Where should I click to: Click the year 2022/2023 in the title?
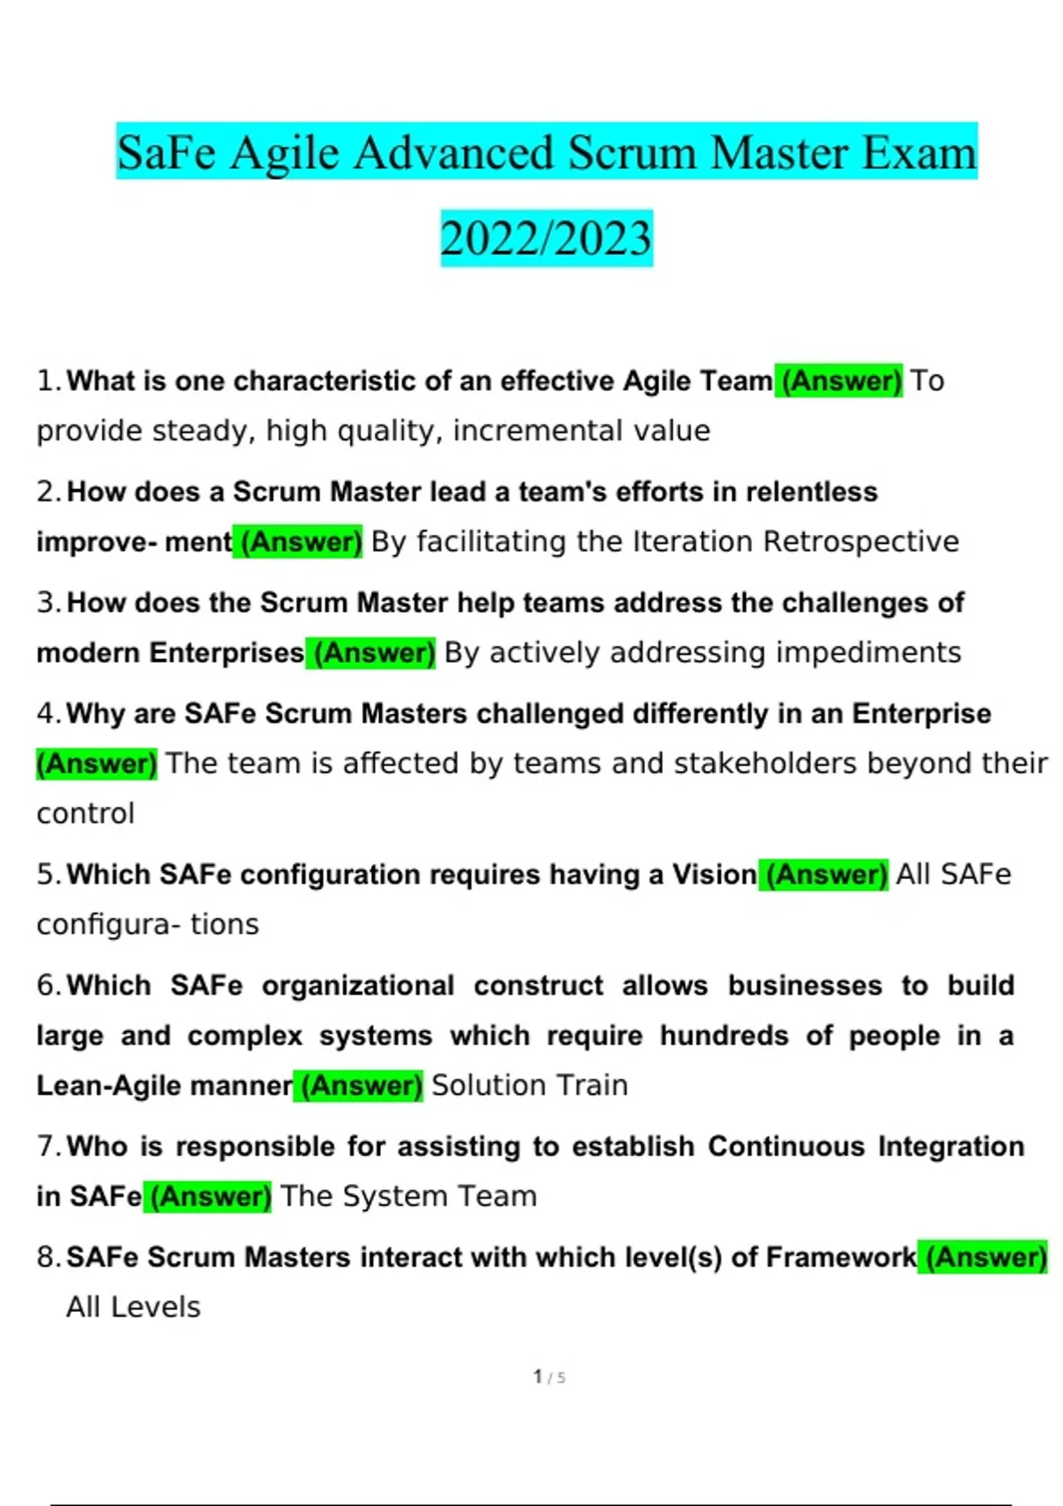pyautogui.click(x=547, y=239)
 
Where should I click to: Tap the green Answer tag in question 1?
pyautogui.click(x=839, y=381)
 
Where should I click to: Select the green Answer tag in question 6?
pyautogui.click(x=359, y=1085)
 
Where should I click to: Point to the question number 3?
pyautogui.click(x=48, y=603)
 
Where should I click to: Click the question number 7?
pyautogui.click(x=48, y=1146)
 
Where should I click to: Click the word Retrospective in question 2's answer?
pyautogui.click(x=861, y=541)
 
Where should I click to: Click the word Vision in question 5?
pyautogui.click(x=714, y=874)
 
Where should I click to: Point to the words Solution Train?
pyautogui.click(x=530, y=1085)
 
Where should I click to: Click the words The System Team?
pyautogui.click(x=408, y=1196)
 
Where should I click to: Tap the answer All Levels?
pyautogui.click(x=133, y=1308)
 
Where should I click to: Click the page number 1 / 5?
pyautogui.click(x=549, y=1377)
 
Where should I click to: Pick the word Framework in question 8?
pyautogui.click(x=841, y=1257)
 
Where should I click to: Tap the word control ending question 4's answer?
pyautogui.click(x=85, y=813)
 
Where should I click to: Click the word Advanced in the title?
pyautogui.click(x=454, y=153)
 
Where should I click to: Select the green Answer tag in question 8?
pyautogui.click(x=982, y=1257)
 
